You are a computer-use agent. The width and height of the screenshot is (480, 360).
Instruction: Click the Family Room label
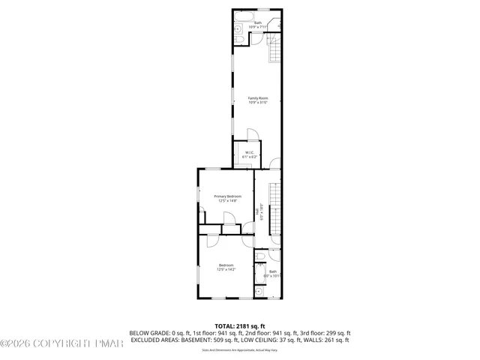[x=258, y=100]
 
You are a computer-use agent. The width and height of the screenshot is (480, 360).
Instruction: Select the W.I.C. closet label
[x=250, y=154]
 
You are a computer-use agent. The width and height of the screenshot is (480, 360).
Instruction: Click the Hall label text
[x=259, y=212]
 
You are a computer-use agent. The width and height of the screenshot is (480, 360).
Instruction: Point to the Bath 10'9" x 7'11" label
[x=258, y=25]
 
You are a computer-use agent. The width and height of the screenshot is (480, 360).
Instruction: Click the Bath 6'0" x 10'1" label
[x=273, y=274]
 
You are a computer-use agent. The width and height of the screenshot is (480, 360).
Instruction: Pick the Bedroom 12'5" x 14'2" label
[x=226, y=267]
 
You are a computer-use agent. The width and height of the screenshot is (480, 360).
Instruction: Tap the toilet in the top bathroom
[x=238, y=31]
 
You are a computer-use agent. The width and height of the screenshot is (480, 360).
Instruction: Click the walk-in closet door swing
[x=253, y=136]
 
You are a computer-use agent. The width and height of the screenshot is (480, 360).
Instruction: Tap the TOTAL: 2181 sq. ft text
[x=240, y=326]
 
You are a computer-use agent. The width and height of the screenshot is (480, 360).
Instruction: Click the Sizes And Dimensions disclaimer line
[x=240, y=350]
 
